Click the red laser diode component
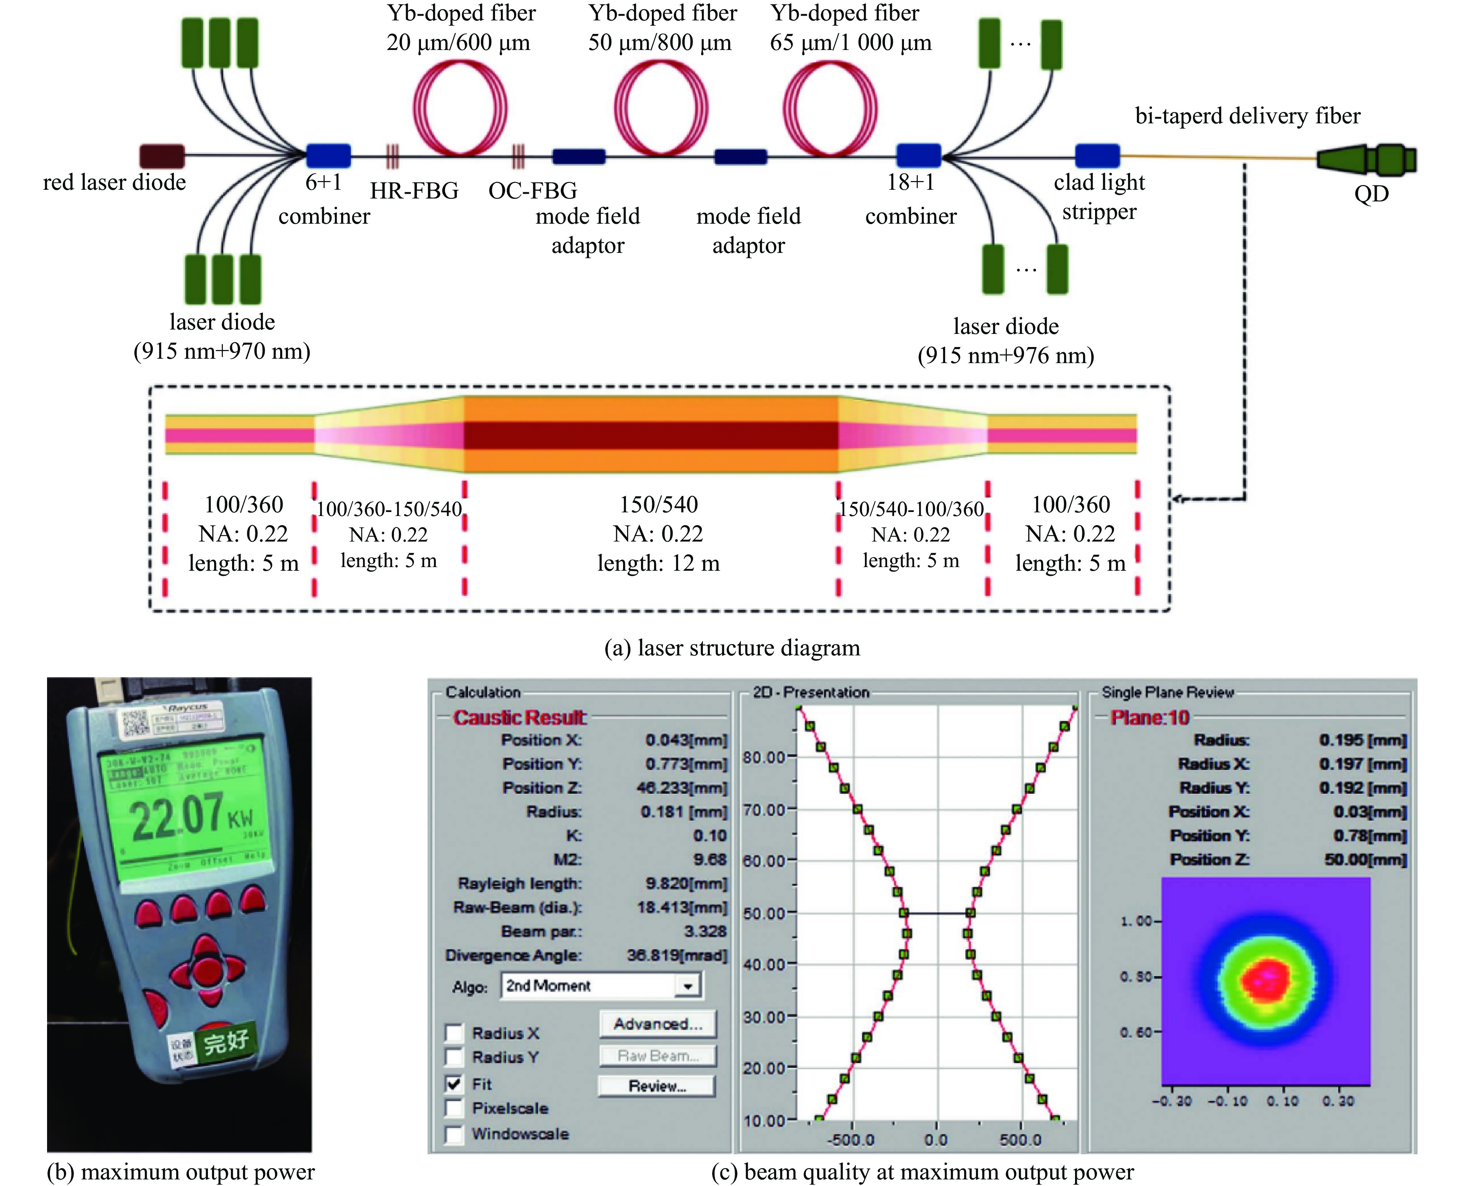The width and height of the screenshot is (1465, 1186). pos(162,156)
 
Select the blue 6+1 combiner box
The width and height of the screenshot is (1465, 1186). pos(328,156)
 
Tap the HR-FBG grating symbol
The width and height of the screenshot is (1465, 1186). pos(392,156)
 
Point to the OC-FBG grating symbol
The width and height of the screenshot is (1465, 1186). pos(518,156)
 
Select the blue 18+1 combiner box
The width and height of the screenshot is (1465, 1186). pos(918,156)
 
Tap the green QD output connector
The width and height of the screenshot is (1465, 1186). pos(1366,159)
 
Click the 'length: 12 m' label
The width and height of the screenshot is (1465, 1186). pos(658,563)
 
